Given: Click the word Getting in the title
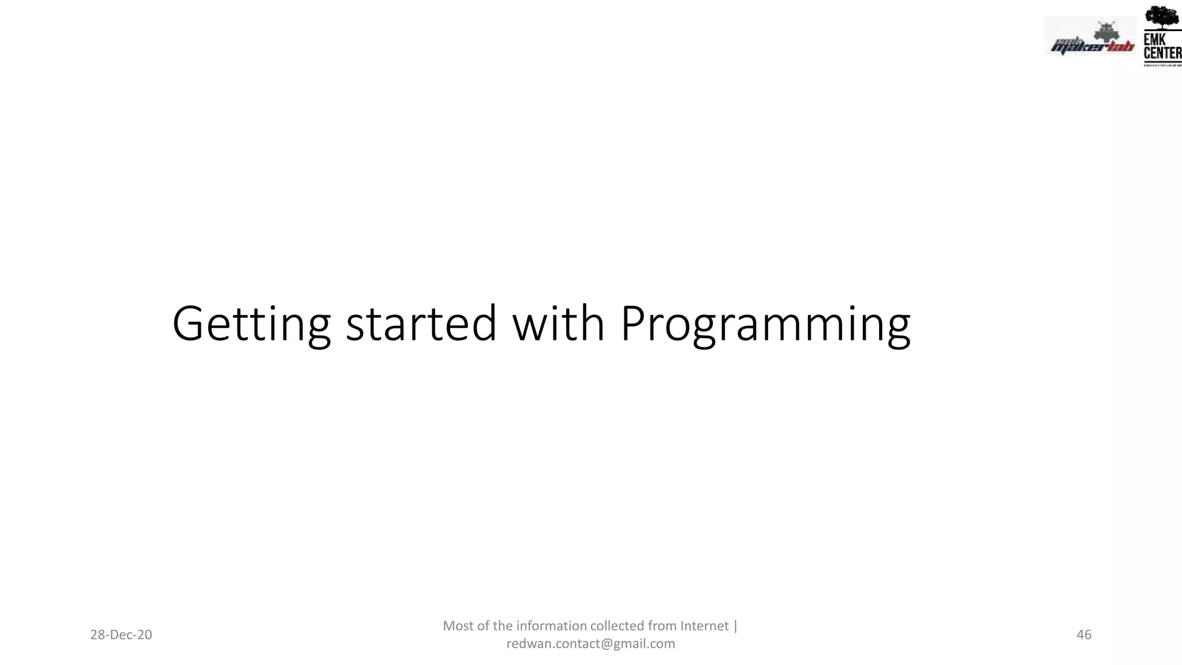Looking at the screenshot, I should (x=251, y=324).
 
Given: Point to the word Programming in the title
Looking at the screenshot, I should (x=765, y=324).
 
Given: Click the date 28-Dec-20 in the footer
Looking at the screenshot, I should (x=121, y=635).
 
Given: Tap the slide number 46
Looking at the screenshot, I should (x=1084, y=635).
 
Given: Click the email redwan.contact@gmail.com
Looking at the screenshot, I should (x=590, y=644).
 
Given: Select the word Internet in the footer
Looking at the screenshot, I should (x=704, y=626).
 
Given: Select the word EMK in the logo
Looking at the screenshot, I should (x=1154, y=39).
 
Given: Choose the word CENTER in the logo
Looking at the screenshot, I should (x=1162, y=53).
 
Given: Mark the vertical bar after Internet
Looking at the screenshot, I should (x=735, y=626).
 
